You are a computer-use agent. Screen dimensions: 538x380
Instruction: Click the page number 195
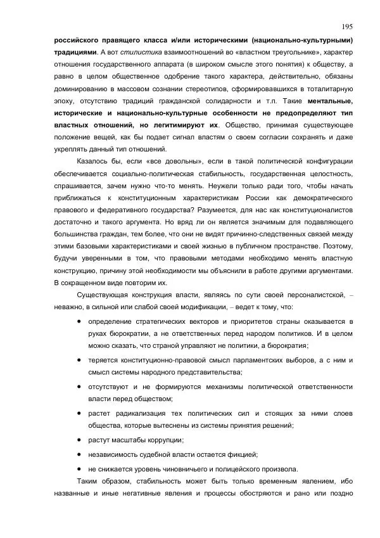point(347,26)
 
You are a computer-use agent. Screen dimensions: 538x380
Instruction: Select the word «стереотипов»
point(205,89)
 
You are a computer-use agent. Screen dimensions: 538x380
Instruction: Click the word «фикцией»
point(241,454)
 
